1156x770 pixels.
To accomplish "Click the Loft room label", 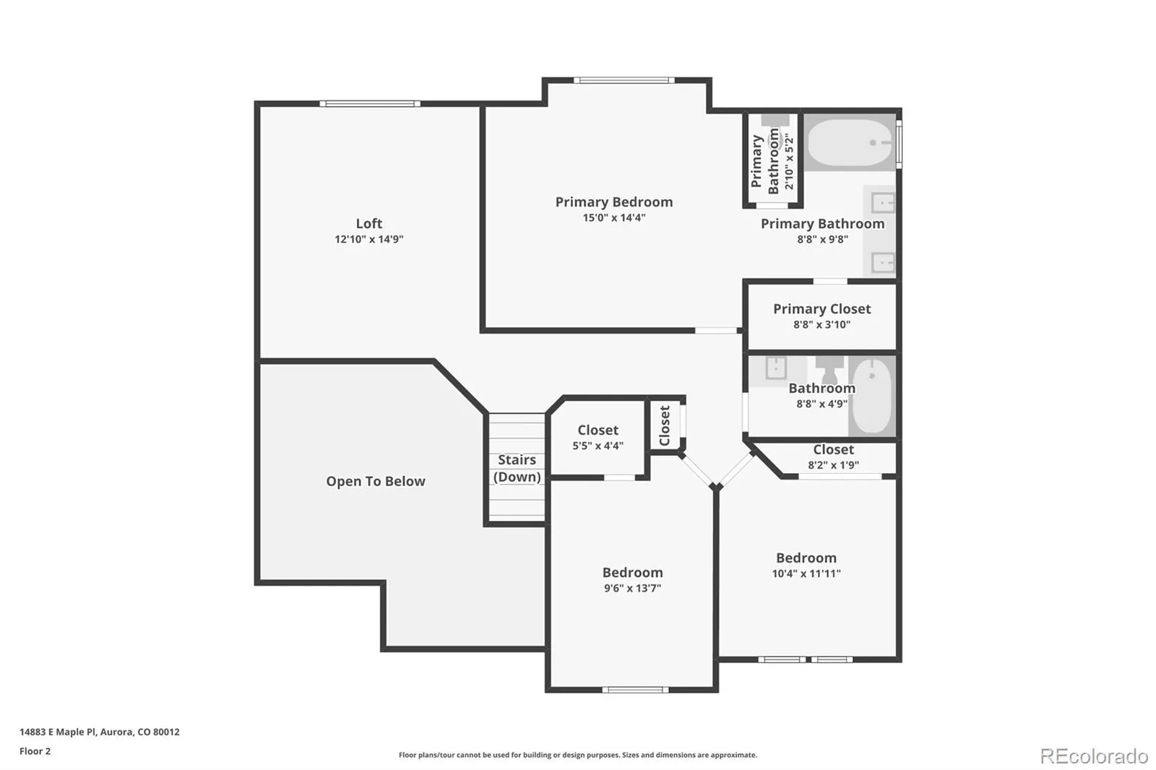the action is [x=369, y=223].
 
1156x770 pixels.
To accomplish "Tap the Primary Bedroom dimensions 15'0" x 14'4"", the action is [x=614, y=218].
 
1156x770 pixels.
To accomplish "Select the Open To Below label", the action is [x=376, y=482].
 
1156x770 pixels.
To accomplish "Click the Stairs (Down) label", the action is [x=517, y=468].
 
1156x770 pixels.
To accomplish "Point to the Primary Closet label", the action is [x=822, y=308].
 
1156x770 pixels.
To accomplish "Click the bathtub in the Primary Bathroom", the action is [x=850, y=142].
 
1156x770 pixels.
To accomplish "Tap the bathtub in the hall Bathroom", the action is [x=872, y=396].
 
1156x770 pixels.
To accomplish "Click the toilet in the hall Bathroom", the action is [x=829, y=368].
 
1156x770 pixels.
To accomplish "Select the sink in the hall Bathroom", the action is [x=776, y=368].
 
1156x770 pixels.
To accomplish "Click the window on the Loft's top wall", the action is [x=370, y=104].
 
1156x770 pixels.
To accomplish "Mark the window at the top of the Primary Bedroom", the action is [x=624, y=80].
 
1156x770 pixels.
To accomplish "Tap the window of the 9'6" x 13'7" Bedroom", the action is [x=635, y=690].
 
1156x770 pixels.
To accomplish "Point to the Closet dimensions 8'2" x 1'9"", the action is [x=834, y=465].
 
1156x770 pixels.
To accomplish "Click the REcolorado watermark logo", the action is [x=1094, y=756].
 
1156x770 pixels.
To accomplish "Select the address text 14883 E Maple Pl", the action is [x=58, y=732].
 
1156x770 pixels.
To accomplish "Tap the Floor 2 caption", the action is [x=35, y=751].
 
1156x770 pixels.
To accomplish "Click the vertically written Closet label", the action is [x=665, y=425].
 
